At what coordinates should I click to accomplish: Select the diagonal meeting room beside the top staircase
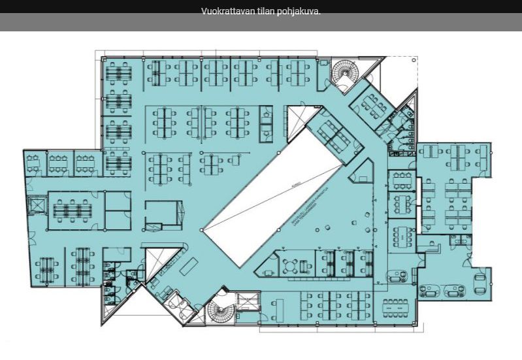click(x=370, y=105)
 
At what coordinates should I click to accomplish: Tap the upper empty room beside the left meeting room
click(x=119, y=201)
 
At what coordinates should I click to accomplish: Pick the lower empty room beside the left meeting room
click(x=119, y=221)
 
